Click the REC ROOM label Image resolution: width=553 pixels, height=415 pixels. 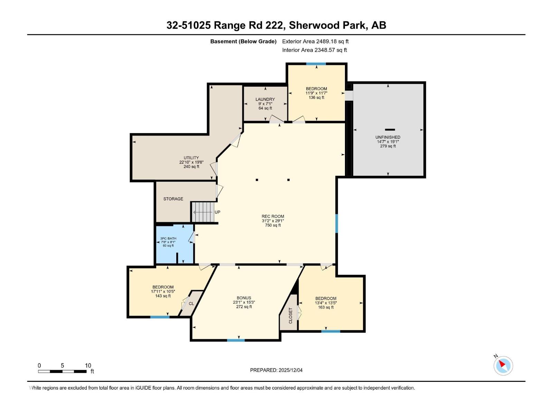(x=273, y=216)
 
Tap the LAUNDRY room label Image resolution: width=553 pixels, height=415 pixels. (x=265, y=99)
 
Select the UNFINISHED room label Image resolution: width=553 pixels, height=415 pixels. (x=388, y=137)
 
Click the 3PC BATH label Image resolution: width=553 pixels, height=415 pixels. (x=168, y=239)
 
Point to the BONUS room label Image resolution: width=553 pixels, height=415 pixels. (x=244, y=298)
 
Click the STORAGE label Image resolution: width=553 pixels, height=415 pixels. (x=173, y=199)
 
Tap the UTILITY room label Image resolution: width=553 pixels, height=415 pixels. (x=191, y=158)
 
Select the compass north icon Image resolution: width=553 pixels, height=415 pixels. (x=503, y=365)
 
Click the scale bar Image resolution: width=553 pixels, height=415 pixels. (x=62, y=371)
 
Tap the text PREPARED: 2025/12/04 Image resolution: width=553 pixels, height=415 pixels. (x=276, y=370)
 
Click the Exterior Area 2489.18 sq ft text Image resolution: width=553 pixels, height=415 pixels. (x=315, y=41)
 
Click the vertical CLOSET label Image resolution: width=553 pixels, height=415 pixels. (x=290, y=315)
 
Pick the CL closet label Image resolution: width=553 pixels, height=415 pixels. (x=191, y=304)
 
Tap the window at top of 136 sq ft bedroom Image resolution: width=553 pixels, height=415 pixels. (x=316, y=64)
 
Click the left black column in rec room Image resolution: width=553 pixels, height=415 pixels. (x=257, y=180)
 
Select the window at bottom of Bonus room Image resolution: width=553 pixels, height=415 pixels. (x=236, y=340)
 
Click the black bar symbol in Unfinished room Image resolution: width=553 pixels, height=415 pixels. (x=390, y=130)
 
